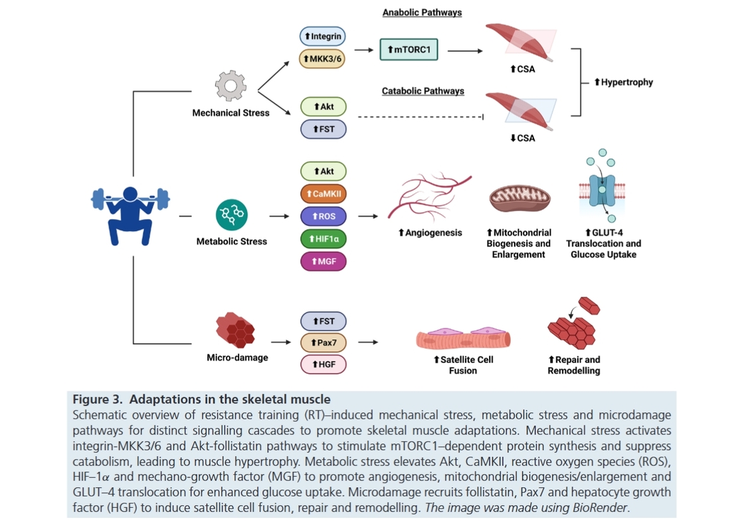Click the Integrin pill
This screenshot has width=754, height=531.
click(322, 36)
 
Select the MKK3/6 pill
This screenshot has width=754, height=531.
click(322, 58)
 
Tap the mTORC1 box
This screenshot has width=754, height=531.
click(409, 50)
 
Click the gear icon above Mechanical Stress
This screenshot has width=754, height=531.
click(231, 86)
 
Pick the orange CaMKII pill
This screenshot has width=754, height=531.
click(323, 194)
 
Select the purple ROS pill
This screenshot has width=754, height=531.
click(323, 216)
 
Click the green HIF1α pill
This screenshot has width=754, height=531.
click(323, 239)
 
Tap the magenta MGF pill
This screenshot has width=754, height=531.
click(323, 262)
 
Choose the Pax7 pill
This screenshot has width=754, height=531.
click(323, 342)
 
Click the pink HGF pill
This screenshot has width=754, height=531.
click(323, 364)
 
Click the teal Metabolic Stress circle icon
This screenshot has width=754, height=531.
click(232, 215)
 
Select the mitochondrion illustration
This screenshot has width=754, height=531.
click(519, 198)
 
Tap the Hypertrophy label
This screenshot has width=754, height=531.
click(623, 82)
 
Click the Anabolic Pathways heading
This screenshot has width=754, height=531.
click(423, 13)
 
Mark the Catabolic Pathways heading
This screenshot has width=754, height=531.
click(423, 91)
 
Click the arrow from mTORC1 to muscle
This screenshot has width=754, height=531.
click(465, 50)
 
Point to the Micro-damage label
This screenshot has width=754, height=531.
click(238, 358)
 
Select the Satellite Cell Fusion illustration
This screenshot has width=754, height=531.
click(463, 337)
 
